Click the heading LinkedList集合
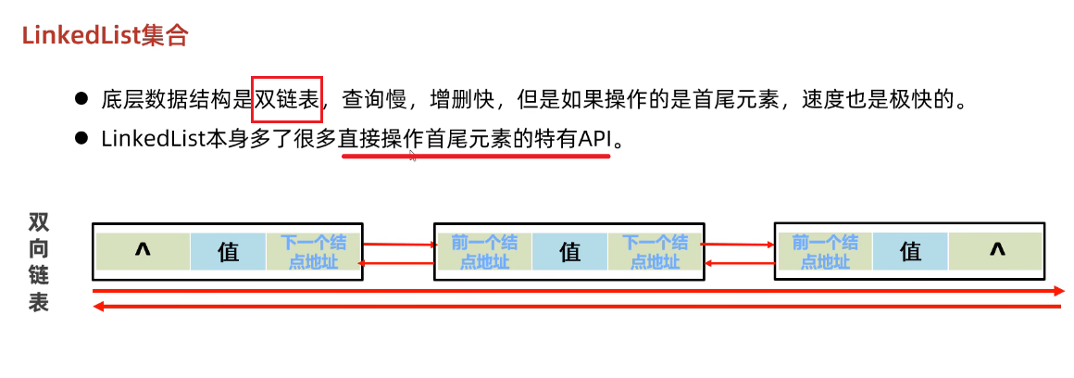pyautogui.click(x=106, y=35)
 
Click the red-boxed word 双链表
pyautogui.click(x=287, y=99)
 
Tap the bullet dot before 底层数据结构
pyautogui.click(x=81, y=98)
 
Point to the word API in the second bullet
pyautogui.click(x=596, y=139)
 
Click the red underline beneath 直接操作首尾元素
pyautogui.click(x=476, y=156)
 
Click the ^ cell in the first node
pyautogui.click(x=143, y=251)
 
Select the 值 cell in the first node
pyautogui.click(x=228, y=251)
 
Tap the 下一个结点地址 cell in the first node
pyautogui.click(x=313, y=251)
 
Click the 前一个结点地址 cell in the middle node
pyautogui.click(x=483, y=251)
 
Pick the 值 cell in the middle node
pyautogui.click(x=569, y=251)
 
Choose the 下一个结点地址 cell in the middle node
pyautogui.click(x=654, y=251)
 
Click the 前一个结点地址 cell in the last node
pyautogui.click(x=824, y=251)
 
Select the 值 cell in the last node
pyautogui.click(x=910, y=251)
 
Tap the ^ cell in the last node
pyautogui.click(x=996, y=251)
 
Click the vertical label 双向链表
pyautogui.click(x=39, y=262)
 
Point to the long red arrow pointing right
pyautogui.click(x=579, y=291)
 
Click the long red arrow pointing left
pyautogui.click(x=579, y=307)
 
